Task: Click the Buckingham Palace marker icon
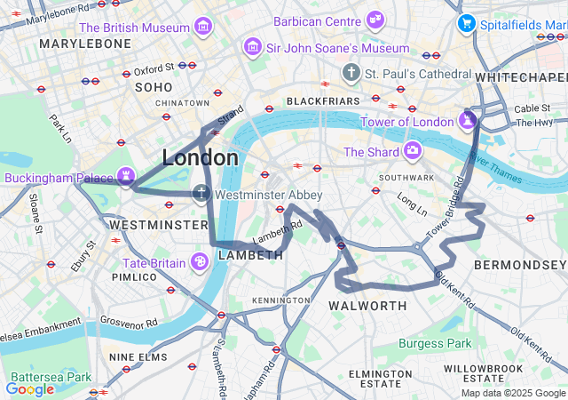[127, 177]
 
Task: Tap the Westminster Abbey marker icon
[201, 194]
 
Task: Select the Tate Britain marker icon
[200, 261]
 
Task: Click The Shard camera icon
[412, 151]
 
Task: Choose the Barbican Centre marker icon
[375, 20]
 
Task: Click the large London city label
[200, 157]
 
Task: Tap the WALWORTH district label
[367, 306]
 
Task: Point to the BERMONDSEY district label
[519, 265]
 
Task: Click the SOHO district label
[153, 87]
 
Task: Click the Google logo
[29, 388]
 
